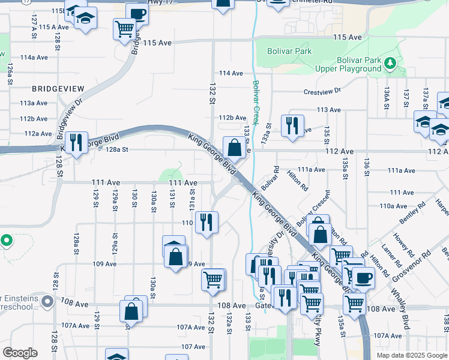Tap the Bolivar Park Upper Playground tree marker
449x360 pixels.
(390, 62)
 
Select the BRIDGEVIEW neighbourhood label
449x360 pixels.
(58, 88)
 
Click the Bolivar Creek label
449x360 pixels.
(256, 102)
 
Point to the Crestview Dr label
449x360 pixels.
(322, 91)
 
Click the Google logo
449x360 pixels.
(20, 353)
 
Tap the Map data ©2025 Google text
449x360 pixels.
(411, 355)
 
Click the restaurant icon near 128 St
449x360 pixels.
(76, 142)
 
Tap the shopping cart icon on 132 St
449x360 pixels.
(213, 278)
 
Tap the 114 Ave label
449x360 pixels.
(231, 73)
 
